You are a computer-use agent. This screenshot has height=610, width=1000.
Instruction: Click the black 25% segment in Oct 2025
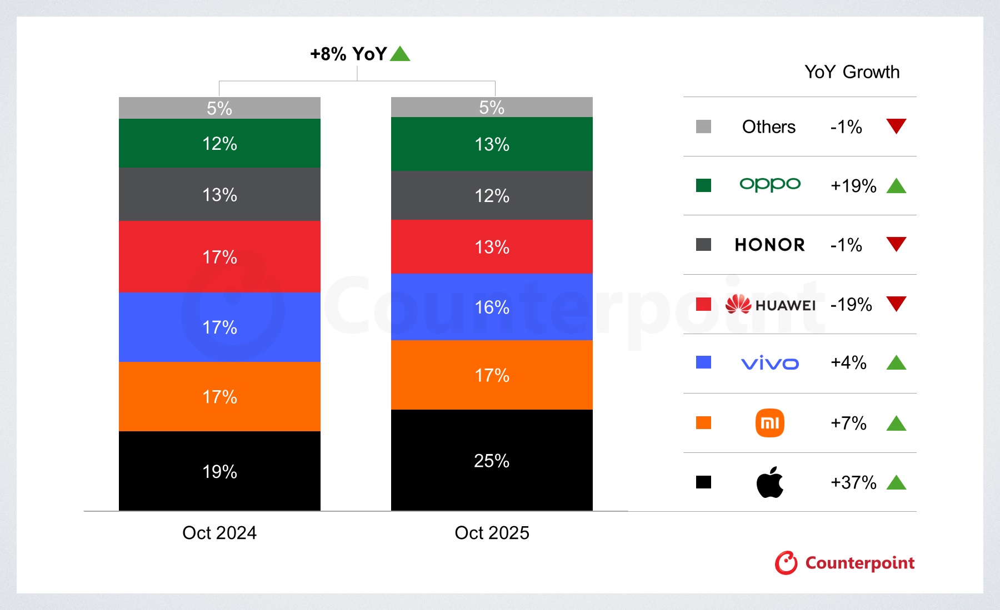(492, 460)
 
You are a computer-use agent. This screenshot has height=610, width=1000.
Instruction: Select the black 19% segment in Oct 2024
(219, 471)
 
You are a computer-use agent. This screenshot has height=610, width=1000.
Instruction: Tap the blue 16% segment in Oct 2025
(492, 307)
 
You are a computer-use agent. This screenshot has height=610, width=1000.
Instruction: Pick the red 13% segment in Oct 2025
(492, 246)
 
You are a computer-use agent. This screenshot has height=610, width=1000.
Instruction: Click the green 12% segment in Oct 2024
(219, 143)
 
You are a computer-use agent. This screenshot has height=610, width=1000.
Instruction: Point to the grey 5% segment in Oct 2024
(219, 108)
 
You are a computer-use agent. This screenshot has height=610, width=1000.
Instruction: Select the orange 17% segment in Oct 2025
(492, 375)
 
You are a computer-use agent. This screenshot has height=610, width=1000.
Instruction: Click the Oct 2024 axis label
(219, 533)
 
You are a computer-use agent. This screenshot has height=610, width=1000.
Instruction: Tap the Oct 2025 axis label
(492, 533)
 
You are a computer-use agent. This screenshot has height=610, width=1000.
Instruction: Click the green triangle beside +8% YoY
(400, 54)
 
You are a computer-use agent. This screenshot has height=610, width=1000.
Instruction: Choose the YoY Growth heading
(852, 72)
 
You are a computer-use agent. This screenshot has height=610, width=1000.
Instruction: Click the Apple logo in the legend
(770, 482)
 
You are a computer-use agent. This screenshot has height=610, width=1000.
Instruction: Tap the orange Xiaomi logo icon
(770, 423)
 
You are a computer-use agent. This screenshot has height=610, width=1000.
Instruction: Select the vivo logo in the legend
(770, 364)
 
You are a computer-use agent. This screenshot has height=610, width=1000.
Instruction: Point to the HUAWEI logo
(770, 304)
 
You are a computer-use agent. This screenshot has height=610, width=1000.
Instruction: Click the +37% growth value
(853, 482)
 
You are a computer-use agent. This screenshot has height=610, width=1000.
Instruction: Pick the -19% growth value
(851, 304)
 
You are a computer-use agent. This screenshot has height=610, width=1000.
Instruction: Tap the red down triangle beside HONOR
(896, 244)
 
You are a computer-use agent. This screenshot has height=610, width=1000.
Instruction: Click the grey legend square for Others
(703, 127)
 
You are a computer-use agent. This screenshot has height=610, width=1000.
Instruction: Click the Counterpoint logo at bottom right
(844, 563)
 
